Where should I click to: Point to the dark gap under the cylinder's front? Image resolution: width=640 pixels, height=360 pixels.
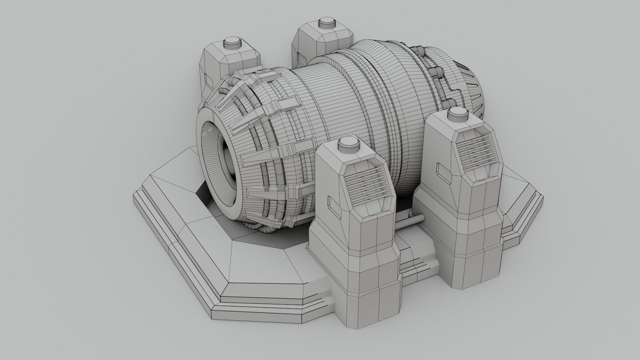(203, 197)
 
